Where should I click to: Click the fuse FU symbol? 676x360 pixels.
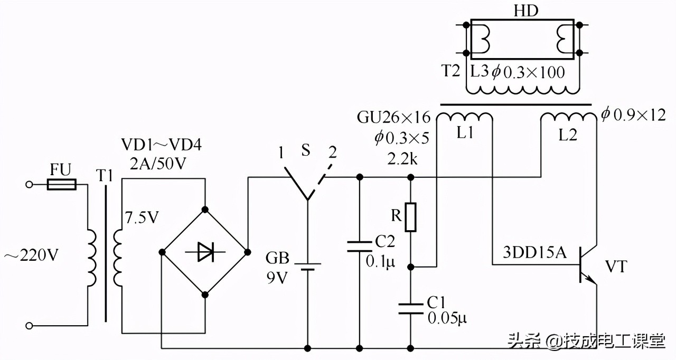[62, 184]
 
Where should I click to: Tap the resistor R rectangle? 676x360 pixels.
[411, 217]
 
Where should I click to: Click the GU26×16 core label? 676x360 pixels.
[393, 117]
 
